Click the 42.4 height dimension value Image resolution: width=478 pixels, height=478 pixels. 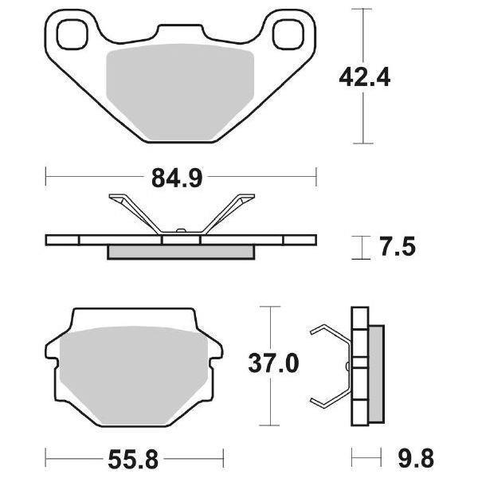[x=365, y=78]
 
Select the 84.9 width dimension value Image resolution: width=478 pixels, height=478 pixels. [x=181, y=178]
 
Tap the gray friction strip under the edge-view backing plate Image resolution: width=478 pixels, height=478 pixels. [x=180, y=252]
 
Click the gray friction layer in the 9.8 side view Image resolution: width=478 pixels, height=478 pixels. [x=375, y=367]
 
